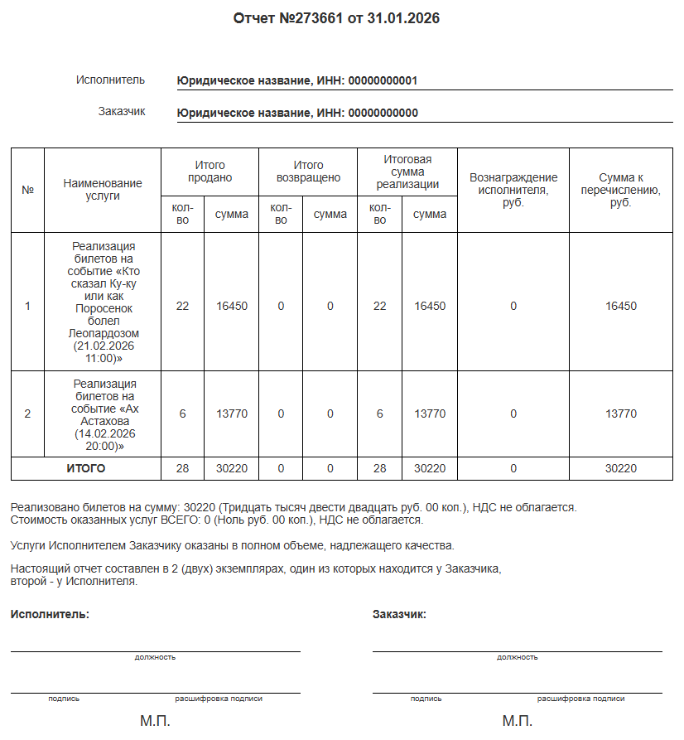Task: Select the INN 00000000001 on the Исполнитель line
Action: pyautogui.click(x=383, y=81)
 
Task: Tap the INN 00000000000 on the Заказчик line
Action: pyautogui.click(x=383, y=114)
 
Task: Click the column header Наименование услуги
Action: pyautogui.click(x=103, y=190)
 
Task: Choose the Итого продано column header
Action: pyautogui.click(x=210, y=172)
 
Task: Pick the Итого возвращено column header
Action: pyautogui.click(x=308, y=172)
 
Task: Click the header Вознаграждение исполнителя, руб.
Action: pyautogui.click(x=513, y=190)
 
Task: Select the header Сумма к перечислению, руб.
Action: pyautogui.click(x=621, y=190)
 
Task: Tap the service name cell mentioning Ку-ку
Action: pyautogui.click(x=103, y=302)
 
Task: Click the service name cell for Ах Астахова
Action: pyautogui.click(x=103, y=414)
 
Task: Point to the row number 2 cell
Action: pyautogui.click(x=27, y=414)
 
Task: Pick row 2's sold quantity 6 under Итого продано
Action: pyautogui.click(x=183, y=414)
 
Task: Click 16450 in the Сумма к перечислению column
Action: pyautogui.click(x=621, y=306)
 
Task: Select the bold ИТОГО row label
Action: pyautogui.click(x=86, y=469)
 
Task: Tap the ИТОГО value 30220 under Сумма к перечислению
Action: pyautogui.click(x=621, y=469)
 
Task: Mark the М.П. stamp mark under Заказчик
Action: pyautogui.click(x=517, y=722)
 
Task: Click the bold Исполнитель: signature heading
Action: pyautogui.click(x=50, y=615)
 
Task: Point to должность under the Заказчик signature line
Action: pyautogui.click(x=517, y=657)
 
